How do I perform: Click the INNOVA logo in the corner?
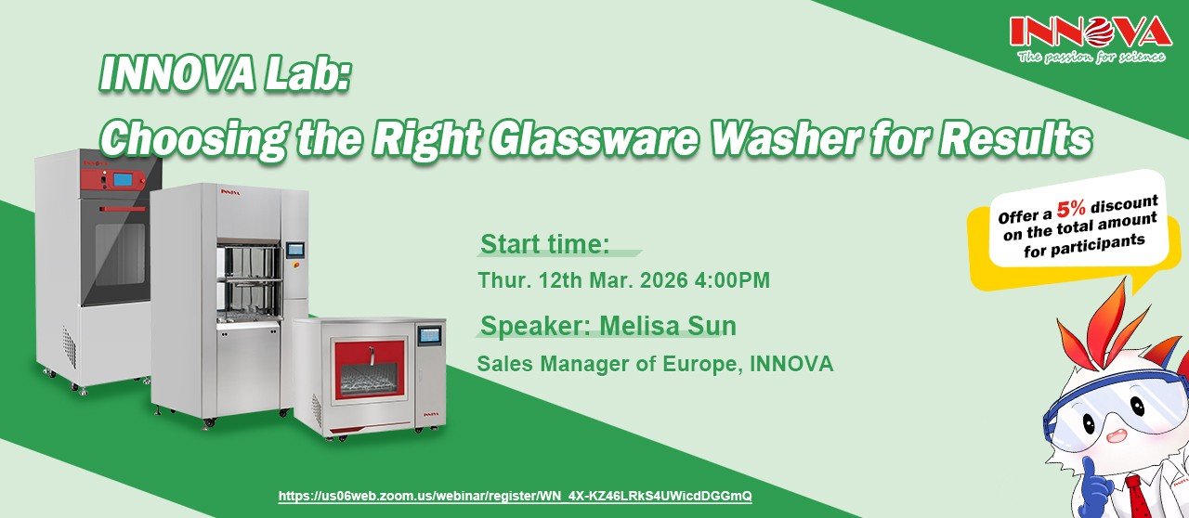[1091, 40]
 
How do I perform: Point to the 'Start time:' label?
[544, 244]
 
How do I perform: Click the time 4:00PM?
[732, 279]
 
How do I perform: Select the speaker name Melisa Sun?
[668, 325]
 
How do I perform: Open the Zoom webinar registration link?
[515, 496]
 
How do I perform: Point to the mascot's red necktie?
[1139, 498]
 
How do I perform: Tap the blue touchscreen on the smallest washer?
[430, 335]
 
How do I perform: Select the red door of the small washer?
[370, 371]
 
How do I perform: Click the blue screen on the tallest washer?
[123, 179]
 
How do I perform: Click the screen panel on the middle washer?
[295, 250]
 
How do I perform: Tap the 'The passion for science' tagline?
[1091, 57]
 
